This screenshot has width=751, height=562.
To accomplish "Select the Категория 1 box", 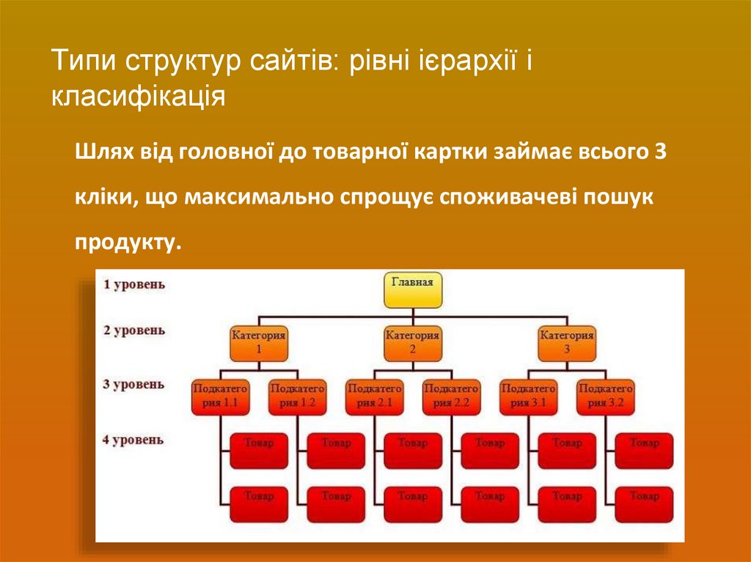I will pyautogui.click(x=259, y=343).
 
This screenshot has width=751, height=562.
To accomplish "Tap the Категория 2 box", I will pyautogui.click(x=413, y=343).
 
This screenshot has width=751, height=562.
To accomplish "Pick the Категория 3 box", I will pyautogui.click(x=567, y=343).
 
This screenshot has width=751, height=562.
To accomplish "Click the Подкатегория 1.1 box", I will pyautogui.click(x=220, y=396).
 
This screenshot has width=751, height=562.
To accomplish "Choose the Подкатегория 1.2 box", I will pyautogui.click(x=297, y=396).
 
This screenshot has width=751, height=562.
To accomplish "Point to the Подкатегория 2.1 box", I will pyautogui.click(x=374, y=396).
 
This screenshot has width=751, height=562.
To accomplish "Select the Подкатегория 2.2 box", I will pyautogui.click(x=451, y=396).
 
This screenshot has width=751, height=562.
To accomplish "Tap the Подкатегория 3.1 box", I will pyautogui.click(x=528, y=396).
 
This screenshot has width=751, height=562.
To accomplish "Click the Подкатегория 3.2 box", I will pyautogui.click(x=605, y=396).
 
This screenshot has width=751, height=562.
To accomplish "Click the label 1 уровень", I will pyautogui.click(x=134, y=284).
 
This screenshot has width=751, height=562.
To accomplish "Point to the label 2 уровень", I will pyautogui.click(x=134, y=330).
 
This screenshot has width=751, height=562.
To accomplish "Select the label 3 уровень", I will pyautogui.click(x=134, y=384).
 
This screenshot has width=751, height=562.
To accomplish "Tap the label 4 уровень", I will pyautogui.click(x=134, y=440).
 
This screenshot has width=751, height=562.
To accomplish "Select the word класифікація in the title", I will pyautogui.click(x=138, y=97).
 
